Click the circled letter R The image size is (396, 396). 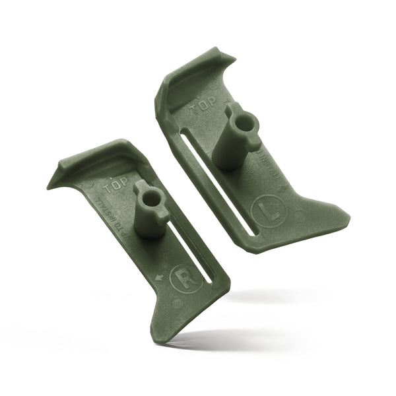pos(182,277)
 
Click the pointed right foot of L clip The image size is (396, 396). pos(346,214)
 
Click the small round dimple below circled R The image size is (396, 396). pos(177,304)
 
